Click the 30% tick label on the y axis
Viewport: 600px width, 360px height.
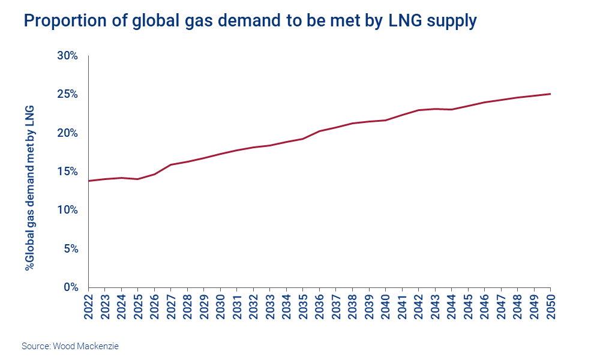pos(67,56)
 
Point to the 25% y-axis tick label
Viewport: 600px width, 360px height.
pos(67,94)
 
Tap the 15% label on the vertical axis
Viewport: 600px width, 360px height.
pos(67,172)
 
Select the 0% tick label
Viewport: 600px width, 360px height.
pos(70,287)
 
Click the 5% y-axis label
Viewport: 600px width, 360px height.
pos(70,248)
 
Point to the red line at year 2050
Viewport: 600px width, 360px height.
pos(550,94)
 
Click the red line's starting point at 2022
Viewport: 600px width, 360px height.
pos(89,181)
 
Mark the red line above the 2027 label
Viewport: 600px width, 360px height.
pos(171,164)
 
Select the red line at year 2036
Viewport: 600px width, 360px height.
pos(320,131)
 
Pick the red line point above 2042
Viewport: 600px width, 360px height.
pos(419,110)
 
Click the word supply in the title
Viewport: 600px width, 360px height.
pos(452,21)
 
